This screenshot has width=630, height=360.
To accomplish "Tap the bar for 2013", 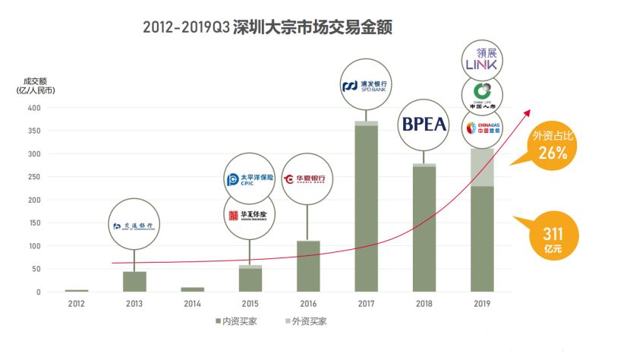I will tap(134, 282).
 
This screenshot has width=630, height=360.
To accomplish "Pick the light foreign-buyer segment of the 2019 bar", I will tap(481, 167).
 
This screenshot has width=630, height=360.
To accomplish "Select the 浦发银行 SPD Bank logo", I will tap(365, 87).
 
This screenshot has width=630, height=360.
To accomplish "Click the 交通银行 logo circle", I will tap(134, 226).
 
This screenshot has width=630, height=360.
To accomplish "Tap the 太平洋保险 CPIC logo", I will tap(250, 180).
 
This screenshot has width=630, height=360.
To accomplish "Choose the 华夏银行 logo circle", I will tap(307, 180).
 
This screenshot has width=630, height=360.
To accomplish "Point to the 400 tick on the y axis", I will tap(33, 108).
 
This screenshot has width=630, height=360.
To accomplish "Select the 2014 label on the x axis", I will tap(192, 304).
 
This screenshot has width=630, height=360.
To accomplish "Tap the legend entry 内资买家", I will tap(237, 321).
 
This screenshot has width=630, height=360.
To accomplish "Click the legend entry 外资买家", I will tap(306, 321).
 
